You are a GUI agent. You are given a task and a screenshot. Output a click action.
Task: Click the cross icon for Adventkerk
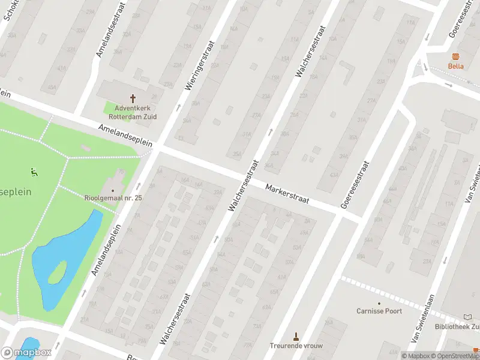(x=133, y=98)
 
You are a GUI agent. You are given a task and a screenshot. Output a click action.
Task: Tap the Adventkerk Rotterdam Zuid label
(x=133, y=112)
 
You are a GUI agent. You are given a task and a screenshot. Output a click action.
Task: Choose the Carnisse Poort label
(x=379, y=311)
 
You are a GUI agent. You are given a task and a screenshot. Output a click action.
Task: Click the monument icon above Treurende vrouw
(x=295, y=335)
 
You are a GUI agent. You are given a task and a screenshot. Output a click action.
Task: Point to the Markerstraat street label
(x=288, y=194)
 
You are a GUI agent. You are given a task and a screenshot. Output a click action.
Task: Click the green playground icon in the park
(x=34, y=173)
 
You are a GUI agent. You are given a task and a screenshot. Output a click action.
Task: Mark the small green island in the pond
(x=56, y=273)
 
